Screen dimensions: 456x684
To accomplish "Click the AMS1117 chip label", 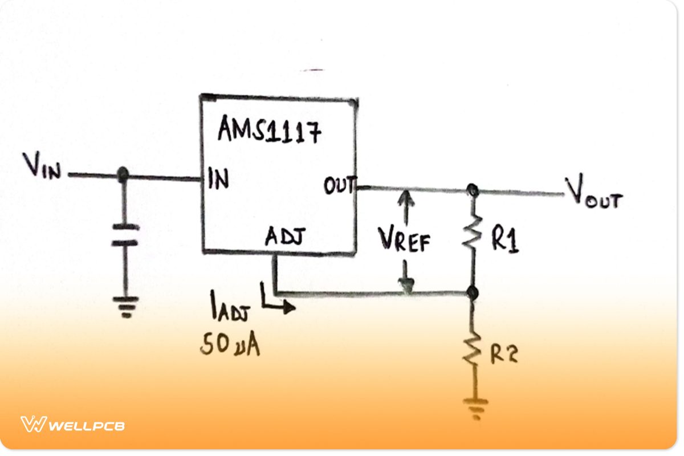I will [268, 132].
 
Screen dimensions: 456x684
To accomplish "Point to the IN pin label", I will [218, 179].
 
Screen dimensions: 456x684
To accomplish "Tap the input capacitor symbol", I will [124, 235].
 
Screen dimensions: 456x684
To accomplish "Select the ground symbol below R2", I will [475, 408].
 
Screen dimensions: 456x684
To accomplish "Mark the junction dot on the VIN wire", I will [122, 175].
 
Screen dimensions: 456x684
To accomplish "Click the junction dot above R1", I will [471, 190].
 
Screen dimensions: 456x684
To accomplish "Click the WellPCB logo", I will [72, 425].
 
